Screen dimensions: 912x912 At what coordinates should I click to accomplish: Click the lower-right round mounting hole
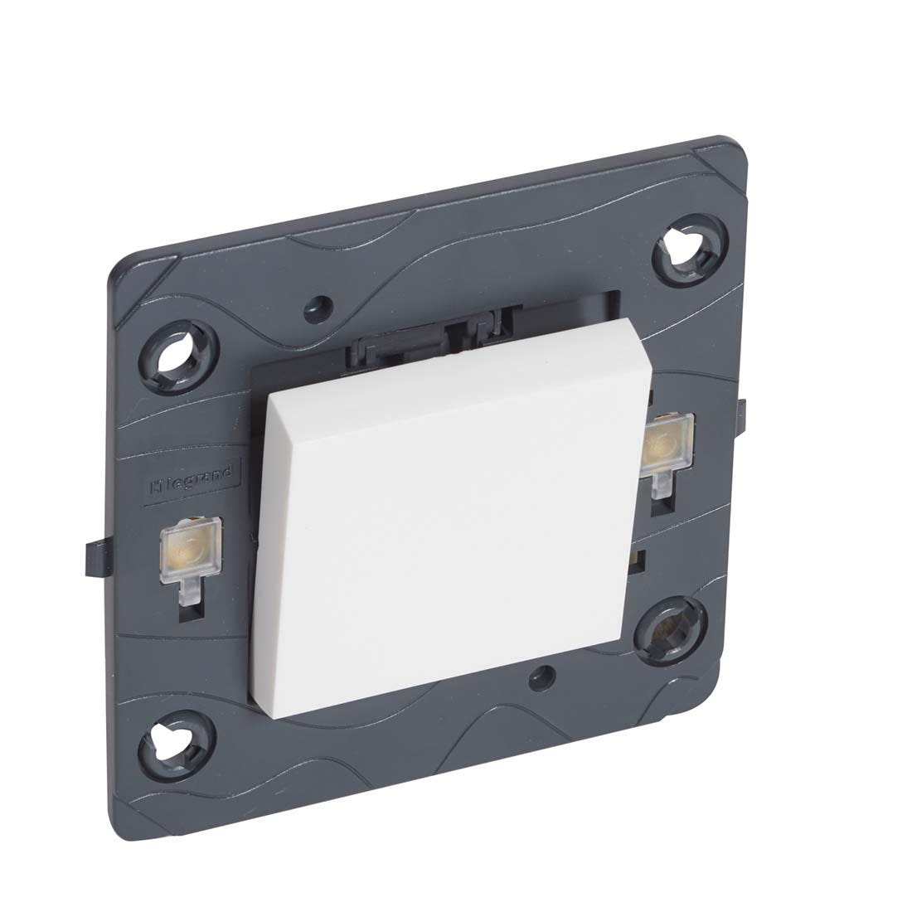pyautogui.click(x=668, y=630)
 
